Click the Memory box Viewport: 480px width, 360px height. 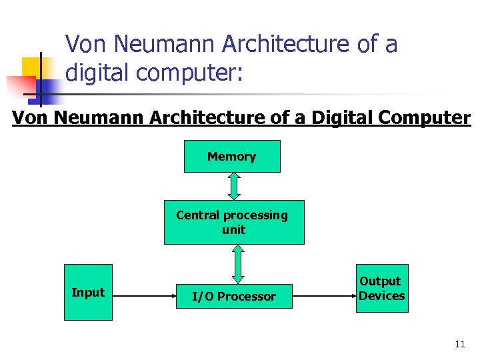(232, 157)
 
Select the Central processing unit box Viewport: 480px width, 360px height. (234, 222)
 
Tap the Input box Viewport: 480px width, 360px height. (88, 292)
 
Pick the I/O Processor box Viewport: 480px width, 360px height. (234, 297)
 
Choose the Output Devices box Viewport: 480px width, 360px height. (381, 288)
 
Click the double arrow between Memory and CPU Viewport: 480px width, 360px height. (233, 186)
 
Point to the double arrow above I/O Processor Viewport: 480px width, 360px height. (238, 264)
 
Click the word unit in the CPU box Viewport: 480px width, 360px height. (234, 230)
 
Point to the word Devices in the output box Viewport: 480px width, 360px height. (381, 295)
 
